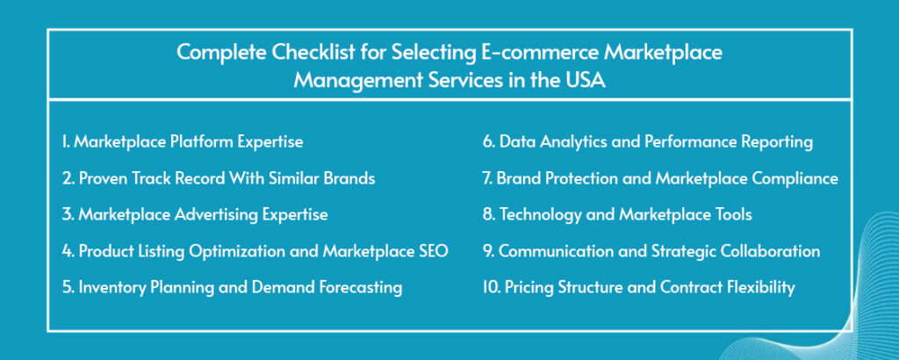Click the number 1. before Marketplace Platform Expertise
(x=66, y=142)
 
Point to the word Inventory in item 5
(x=111, y=287)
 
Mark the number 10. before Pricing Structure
(x=492, y=288)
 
